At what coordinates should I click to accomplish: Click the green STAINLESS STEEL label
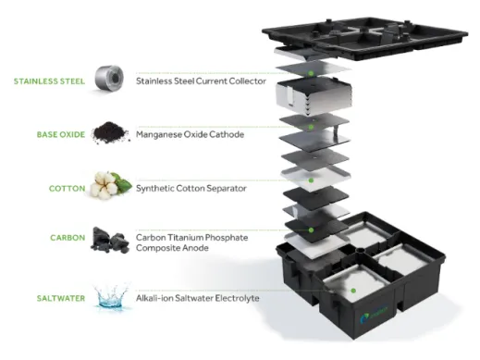[49, 81]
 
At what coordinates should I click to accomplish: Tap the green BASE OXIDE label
[61, 135]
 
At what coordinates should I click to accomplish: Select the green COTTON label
[67, 189]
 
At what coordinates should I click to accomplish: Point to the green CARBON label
[68, 238]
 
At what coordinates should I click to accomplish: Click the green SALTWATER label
[61, 298]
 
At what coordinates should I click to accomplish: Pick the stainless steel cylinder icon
[109, 79]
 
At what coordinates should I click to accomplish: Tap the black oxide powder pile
[111, 132]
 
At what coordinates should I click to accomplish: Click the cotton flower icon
[111, 185]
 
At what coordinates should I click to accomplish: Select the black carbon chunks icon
[109, 240]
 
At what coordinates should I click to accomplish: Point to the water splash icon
[112, 296]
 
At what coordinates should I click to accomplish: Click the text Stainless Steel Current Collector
[201, 81]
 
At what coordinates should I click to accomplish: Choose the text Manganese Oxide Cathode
[190, 134]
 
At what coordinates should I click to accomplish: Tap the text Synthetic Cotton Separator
[191, 188]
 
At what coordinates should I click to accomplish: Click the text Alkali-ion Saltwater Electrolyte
[198, 298]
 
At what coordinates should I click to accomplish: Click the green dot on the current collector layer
[311, 73]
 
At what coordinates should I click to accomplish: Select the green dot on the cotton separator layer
[311, 180]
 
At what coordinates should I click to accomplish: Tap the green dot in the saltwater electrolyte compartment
[353, 291]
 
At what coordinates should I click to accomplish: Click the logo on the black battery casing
[374, 316]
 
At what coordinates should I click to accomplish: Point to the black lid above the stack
[363, 39]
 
